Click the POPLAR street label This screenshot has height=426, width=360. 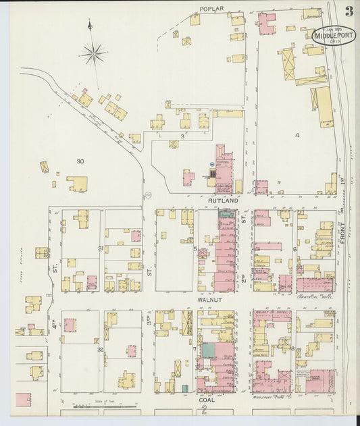[211, 9]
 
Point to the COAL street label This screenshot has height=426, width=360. [206, 399]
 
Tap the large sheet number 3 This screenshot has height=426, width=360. [349, 11]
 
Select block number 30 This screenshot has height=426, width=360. [80, 161]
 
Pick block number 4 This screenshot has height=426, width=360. [297, 135]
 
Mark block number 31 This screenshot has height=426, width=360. [101, 248]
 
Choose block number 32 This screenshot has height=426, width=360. [100, 349]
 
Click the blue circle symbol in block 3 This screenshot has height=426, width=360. [211, 164]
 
